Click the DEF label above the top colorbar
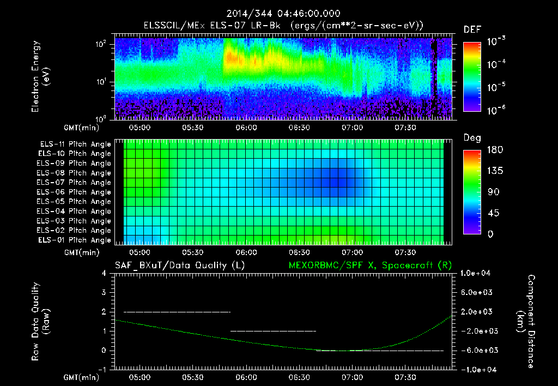point(472,29)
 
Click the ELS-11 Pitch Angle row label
point(75,144)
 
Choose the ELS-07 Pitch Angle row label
point(75,183)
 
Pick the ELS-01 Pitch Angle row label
point(75,240)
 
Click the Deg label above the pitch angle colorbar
point(472,138)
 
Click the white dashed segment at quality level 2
point(177,312)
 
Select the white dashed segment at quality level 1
point(273,331)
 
